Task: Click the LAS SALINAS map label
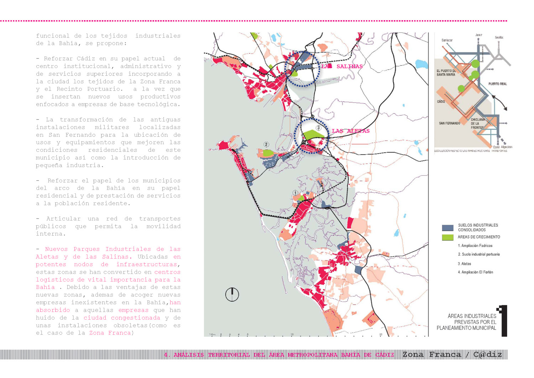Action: click(342, 66)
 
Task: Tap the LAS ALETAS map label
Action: click(351, 131)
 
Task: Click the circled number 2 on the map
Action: click(266, 144)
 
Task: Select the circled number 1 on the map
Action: click(295, 193)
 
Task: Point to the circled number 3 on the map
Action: click(319, 128)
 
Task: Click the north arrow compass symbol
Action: click(232, 294)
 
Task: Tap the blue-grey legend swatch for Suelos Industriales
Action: click(447, 228)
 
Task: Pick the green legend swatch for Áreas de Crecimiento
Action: click(447, 237)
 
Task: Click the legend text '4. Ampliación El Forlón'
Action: click(475, 272)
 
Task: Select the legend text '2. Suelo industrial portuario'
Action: click(479, 254)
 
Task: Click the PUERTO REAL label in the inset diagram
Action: click(497, 84)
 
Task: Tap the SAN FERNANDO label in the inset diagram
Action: click(449, 123)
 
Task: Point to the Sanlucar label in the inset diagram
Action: click(447, 40)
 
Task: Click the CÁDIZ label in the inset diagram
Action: click(441, 102)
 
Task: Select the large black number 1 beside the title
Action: click(503, 320)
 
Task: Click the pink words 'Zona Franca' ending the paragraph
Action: click(110, 333)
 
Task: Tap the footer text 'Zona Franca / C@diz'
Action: click(452, 354)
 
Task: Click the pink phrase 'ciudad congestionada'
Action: click(122, 317)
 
